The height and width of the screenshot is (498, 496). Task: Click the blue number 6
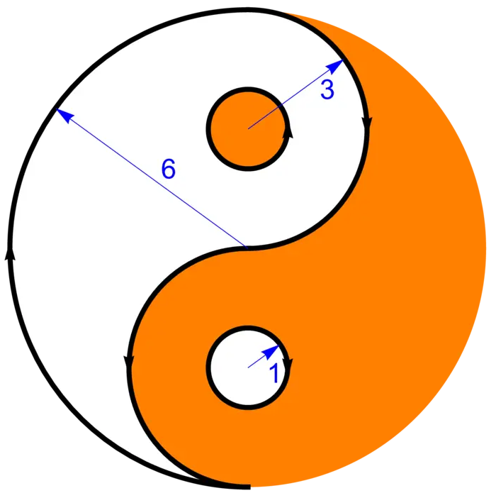click(168, 170)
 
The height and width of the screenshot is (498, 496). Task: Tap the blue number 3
click(327, 90)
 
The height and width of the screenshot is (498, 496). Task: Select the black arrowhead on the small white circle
click(288, 366)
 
